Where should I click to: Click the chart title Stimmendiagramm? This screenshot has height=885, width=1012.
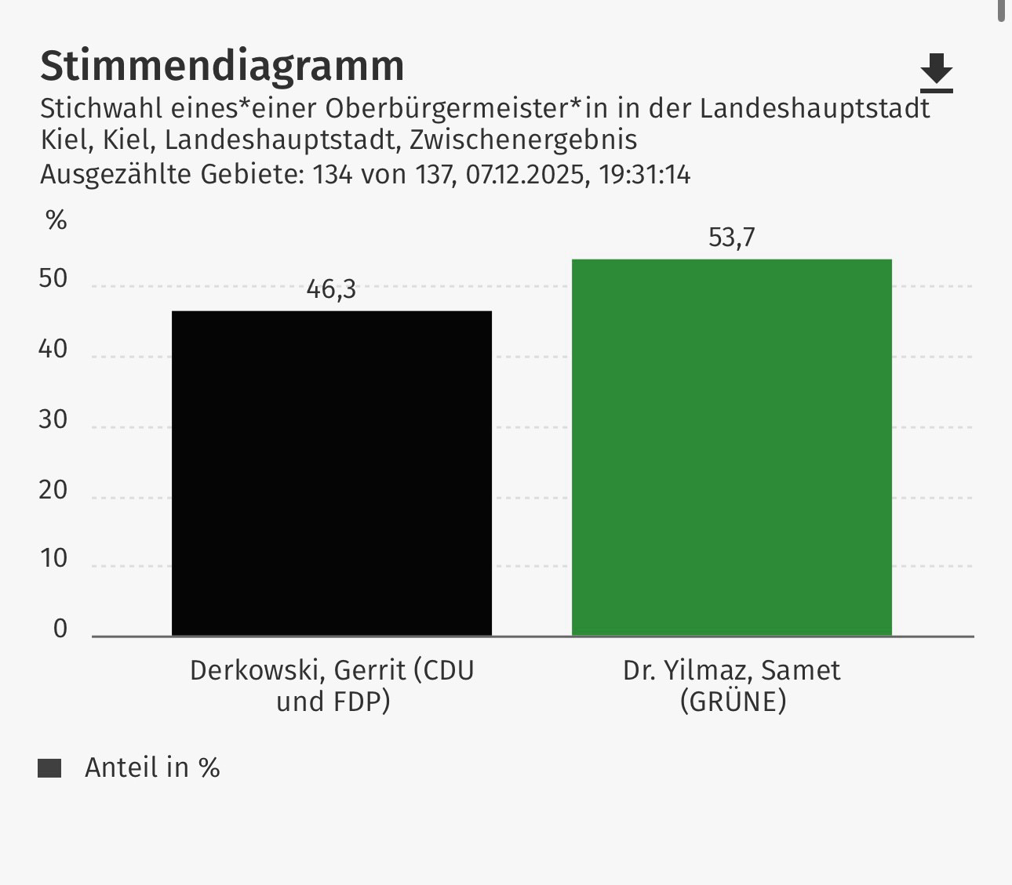point(222,66)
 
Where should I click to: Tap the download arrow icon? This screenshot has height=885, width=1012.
point(936,72)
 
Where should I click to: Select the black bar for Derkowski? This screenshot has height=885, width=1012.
point(332,473)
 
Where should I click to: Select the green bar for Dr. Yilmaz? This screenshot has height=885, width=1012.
point(731,447)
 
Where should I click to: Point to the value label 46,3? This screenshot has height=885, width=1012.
point(331,289)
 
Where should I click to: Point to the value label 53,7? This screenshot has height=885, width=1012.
point(731,237)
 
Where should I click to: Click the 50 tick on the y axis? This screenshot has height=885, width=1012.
point(53,280)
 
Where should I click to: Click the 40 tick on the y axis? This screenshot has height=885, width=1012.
point(53,350)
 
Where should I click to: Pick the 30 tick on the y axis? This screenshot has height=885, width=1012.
point(53,420)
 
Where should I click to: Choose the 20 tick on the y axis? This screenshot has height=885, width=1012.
point(53,490)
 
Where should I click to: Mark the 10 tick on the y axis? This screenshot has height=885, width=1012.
point(53,559)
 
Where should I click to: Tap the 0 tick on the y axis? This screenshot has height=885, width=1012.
point(60,629)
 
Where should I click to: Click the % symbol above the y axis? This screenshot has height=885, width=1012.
point(56,221)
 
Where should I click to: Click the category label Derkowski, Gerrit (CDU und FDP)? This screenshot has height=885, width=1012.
point(332,686)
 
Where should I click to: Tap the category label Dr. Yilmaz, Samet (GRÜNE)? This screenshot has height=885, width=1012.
point(732,686)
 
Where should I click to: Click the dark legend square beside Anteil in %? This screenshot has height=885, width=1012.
point(49,768)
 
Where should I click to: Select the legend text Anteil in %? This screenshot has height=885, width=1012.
point(152,767)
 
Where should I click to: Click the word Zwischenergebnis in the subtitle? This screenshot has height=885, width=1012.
point(523,140)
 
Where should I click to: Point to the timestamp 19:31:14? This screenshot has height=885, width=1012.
point(645,174)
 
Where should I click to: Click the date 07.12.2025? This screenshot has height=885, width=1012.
point(526,174)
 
